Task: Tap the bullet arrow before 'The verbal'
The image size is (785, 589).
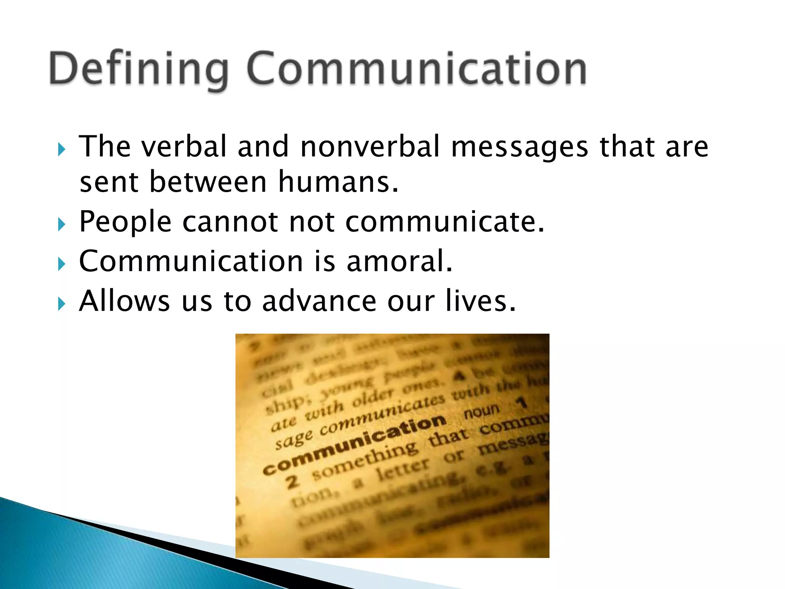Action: [62, 149]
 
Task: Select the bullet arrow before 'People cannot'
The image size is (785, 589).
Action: [62, 224]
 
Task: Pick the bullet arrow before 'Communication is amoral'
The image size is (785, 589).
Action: [62, 264]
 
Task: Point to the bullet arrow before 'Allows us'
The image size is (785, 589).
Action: [62, 304]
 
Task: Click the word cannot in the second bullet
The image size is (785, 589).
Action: [230, 222]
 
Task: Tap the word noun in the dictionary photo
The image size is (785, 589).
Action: [482, 412]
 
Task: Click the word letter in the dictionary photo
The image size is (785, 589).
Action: [402, 470]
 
